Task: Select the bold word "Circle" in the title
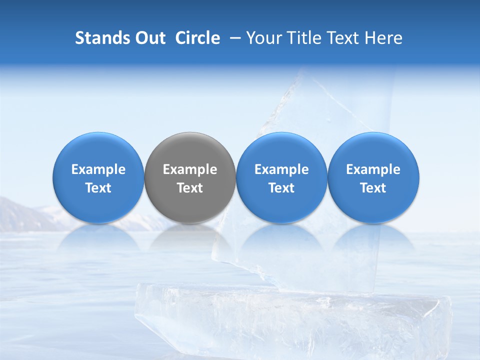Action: click(x=197, y=38)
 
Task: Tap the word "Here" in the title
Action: click(x=384, y=38)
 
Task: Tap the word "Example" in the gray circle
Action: click(x=190, y=169)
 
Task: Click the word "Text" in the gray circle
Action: click(x=190, y=188)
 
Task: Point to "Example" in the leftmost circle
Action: click(x=98, y=169)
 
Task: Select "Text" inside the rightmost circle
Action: click(x=373, y=188)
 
